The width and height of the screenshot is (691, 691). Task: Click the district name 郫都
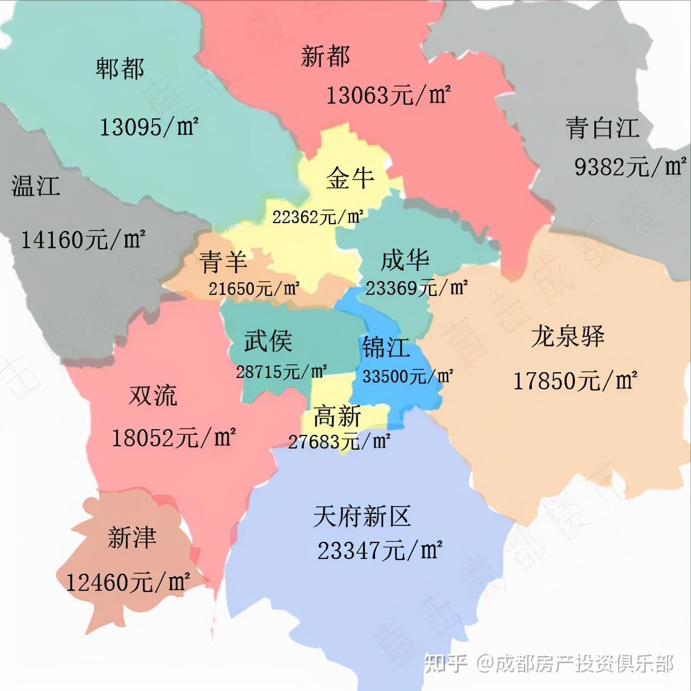pos(120,69)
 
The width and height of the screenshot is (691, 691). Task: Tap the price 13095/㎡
pos(149,126)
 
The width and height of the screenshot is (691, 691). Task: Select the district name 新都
pos(326,56)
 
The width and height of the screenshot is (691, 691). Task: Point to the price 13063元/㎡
pos(388,94)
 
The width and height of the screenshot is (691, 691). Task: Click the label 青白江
pos(602,128)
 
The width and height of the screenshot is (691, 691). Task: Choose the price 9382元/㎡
pos(630,167)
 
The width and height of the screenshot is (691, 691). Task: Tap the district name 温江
pos(35,186)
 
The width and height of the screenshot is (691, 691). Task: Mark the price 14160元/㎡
pos(83,240)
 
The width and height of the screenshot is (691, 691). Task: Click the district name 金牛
pos(350,178)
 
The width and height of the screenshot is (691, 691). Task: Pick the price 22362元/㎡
pos(317,217)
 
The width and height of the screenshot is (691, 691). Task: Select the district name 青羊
pos(223,262)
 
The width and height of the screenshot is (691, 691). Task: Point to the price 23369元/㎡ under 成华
pos(416,288)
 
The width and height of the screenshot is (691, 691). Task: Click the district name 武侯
pos(268,341)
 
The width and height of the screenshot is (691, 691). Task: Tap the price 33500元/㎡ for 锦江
pos(408,376)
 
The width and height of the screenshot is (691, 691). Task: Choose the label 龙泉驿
pos(567,336)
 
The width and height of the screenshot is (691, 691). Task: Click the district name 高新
pos(337,417)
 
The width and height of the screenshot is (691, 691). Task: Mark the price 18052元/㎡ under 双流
pos(173,438)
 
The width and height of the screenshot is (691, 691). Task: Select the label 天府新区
pos(362,516)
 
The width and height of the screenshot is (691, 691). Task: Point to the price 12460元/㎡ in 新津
pos(127,582)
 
